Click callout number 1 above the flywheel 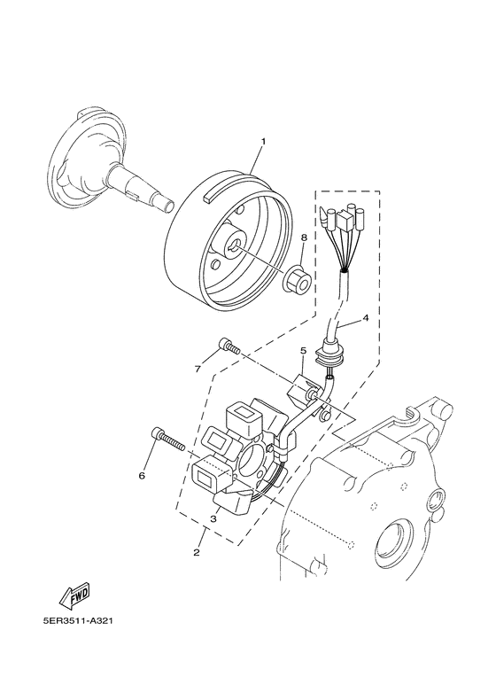point(263,141)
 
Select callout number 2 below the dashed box point(196,553)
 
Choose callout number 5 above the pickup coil point(302,351)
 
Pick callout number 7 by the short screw point(198,368)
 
